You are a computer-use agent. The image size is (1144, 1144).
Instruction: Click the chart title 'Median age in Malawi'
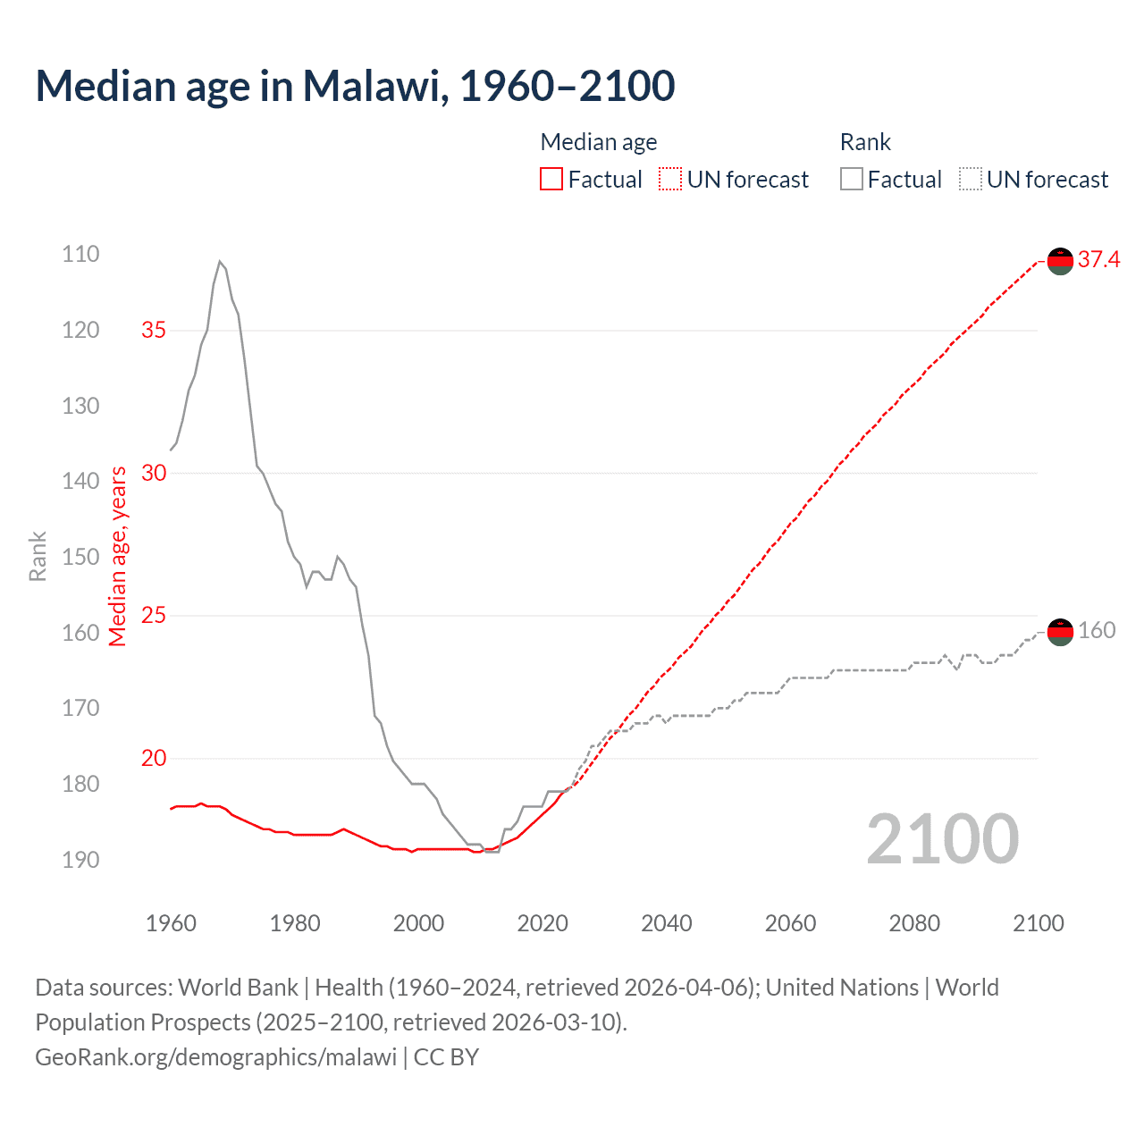(x=355, y=86)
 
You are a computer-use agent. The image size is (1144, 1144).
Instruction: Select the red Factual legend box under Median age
(x=551, y=180)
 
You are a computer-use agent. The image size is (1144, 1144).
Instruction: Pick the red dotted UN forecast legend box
(x=670, y=180)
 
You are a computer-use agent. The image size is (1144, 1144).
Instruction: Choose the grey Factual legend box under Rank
(x=852, y=180)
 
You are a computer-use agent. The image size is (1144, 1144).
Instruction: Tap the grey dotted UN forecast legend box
(x=971, y=180)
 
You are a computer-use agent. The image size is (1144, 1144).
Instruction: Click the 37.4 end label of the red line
(x=1098, y=260)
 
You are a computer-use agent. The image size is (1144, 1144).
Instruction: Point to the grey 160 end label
(x=1097, y=631)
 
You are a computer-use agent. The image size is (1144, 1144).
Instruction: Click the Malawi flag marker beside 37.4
(x=1060, y=261)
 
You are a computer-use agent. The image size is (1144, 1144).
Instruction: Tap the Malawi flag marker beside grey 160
(x=1060, y=632)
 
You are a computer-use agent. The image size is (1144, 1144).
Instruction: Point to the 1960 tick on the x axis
(x=171, y=923)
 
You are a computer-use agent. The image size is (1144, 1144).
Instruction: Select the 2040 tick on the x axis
(x=667, y=923)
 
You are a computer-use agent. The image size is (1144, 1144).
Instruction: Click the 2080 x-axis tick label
(x=914, y=923)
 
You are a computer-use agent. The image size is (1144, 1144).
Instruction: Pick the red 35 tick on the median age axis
(x=154, y=331)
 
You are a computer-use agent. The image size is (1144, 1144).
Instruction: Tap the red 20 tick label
(x=154, y=759)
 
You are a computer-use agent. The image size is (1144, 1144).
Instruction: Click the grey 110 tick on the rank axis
(x=80, y=255)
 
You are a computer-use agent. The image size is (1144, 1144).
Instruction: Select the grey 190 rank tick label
(x=80, y=860)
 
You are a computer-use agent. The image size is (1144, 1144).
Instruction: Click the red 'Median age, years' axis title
(x=118, y=556)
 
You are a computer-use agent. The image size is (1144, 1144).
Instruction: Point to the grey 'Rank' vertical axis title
(x=38, y=557)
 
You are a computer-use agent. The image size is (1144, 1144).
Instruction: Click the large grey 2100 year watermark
(x=943, y=839)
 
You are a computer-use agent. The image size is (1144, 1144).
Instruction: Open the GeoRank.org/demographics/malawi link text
(x=215, y=1057)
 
